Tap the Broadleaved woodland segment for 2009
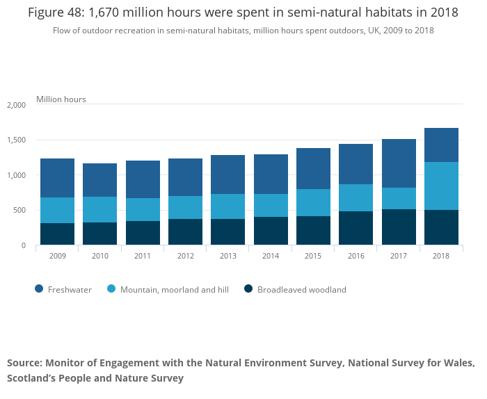(x=57, y=234)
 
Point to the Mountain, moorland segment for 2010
(x=99, y=210)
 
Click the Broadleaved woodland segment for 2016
(x=356, y=228)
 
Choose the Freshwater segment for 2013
(x=227, y=174)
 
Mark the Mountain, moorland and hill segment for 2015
(x=313, y=203)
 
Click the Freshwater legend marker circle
(x=38, y=289)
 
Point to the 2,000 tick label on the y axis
(x=15, y=105)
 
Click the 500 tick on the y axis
(x=19, y=211)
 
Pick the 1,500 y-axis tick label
(x=15, y=140)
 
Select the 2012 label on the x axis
(x=185, y=256)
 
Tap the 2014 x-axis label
(x=271, y=256)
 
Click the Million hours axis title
(x=61, y=99)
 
